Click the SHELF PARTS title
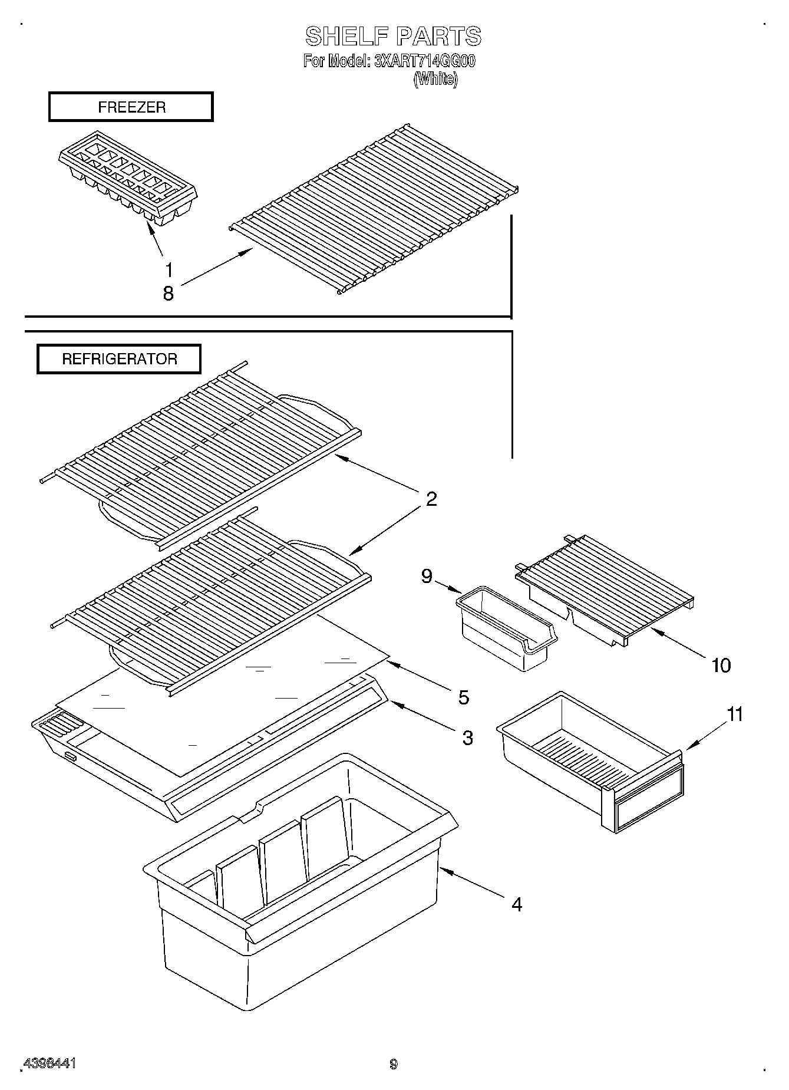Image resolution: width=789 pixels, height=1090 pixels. [393, 37]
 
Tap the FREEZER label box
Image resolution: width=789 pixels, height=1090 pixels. [131, 107]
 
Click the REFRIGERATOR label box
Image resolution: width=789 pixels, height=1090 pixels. [119, 359]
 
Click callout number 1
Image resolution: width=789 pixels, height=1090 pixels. [169, 270]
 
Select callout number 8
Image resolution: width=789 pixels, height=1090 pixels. [169, 293]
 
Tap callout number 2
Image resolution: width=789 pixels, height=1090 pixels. [431, 499]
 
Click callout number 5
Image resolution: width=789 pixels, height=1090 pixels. [464, 697]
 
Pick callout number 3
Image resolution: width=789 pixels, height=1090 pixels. [467, 737]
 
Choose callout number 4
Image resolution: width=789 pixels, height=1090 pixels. [517, 904]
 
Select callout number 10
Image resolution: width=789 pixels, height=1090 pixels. [721, 665]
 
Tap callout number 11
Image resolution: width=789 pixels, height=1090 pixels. [735, 714]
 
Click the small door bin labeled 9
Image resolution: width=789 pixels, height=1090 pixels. [506, 628]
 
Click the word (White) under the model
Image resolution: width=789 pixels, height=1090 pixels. [435, 79]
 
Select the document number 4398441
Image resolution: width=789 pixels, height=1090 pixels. [49, 1063]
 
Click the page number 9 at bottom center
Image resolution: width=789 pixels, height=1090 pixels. [394, 1064]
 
